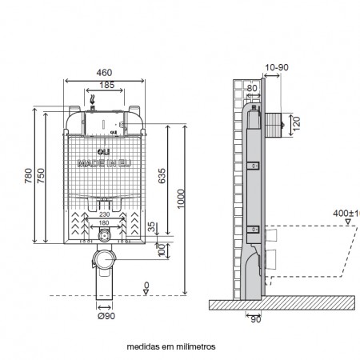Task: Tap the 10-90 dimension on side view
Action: pyautogui.click(x=275, y=68)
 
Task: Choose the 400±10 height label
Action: pyautogui.click(x=347, y=214)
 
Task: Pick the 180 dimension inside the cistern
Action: pyautogui.click(x=103, y=223)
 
